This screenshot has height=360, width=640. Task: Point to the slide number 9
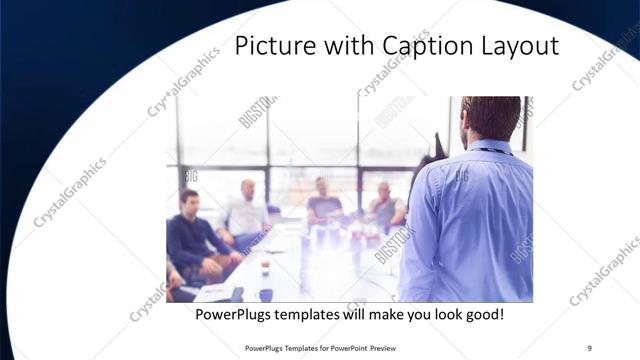tap(589, 347)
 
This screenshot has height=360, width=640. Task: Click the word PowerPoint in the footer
tap(345, 348)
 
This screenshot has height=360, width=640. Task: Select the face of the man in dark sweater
tap(188, 201)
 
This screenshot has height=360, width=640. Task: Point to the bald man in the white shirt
tap(245, 210)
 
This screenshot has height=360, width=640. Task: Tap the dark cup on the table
tap(265, 294)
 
